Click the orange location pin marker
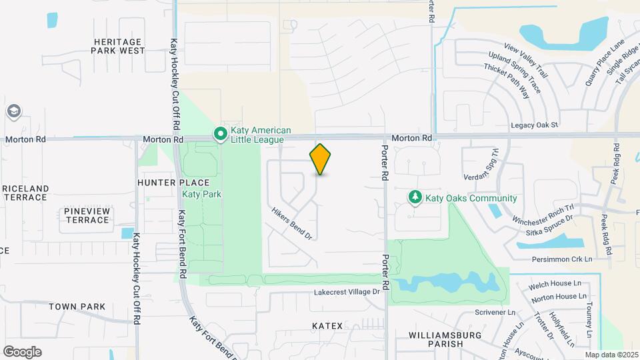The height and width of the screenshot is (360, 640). [x=320, y=159]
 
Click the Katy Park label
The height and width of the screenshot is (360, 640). [x=201, y=194]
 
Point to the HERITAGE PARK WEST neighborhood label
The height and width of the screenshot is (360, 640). [x=118, y=46]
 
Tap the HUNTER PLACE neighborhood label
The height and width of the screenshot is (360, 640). [x=173, y=183]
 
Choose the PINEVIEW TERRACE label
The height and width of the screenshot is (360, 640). [x=87, y=215]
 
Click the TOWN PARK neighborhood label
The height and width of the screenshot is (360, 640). [x=77, y=307]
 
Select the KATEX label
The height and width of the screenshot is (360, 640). [x=327, y=326]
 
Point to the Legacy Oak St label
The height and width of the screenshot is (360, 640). [x=534, y=125]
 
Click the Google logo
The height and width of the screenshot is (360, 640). [x=23, y=351]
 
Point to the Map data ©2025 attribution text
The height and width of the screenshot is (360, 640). [x=611, y=355]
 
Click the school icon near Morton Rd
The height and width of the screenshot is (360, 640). [x=13, y=111]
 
